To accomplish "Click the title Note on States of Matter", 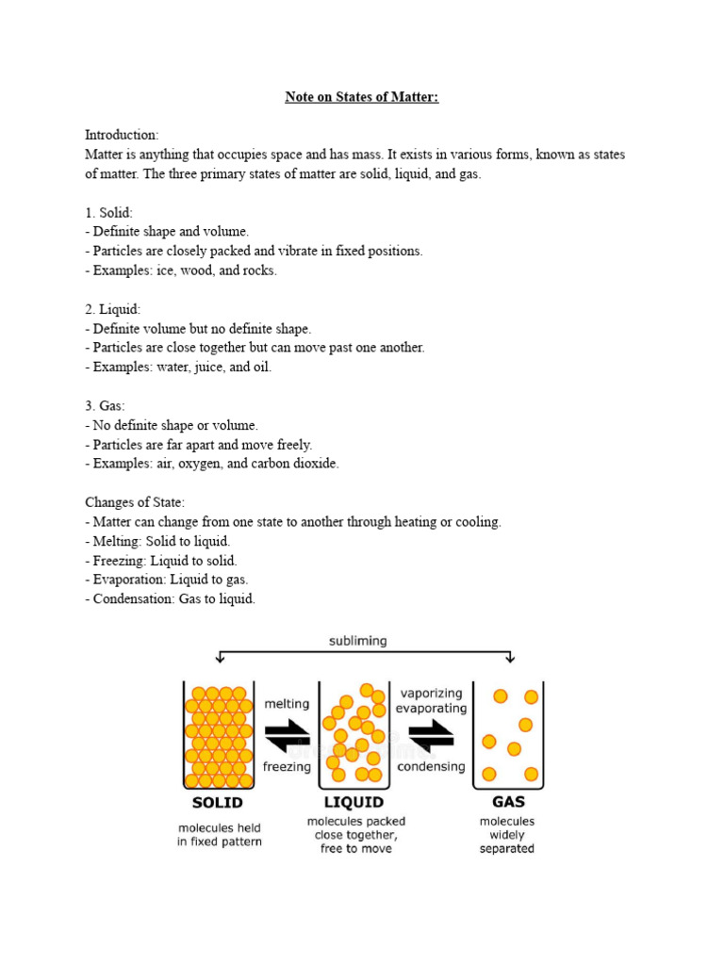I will tap(362, 97).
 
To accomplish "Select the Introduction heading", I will tap(122, 135).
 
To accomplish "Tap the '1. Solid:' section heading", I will tap(108, 212).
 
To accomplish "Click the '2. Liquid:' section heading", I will tap(112, 309).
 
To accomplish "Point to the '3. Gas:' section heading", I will tap(105, 406).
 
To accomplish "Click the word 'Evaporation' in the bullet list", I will tap(133, 580).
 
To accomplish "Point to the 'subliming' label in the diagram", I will tap(357, 641).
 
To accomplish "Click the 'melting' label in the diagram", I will tap(287, 703).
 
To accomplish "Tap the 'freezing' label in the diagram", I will tap(287, 766).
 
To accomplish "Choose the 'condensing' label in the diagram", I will tap(431, 766).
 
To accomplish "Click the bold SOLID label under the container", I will tap(218, 803).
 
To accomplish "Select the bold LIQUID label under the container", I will tap(354, 803).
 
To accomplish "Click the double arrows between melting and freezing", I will tap(287, 734).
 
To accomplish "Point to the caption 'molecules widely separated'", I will tap(507, 835).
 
